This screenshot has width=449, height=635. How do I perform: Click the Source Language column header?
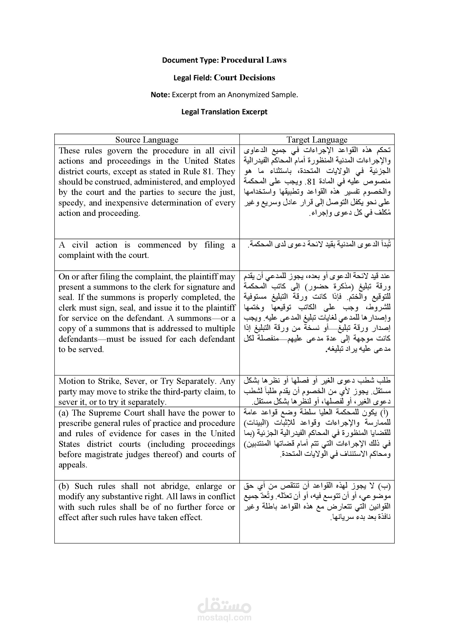(x=147, y=140)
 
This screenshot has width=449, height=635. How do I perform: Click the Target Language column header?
(x=317, y=140)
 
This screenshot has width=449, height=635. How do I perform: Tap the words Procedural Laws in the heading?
(x=254, y=60)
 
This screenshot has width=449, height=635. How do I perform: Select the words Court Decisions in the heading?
(x=244, y=78)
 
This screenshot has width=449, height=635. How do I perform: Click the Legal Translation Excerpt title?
(x=224, y=112)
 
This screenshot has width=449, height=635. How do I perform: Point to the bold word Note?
(x=160, y=95)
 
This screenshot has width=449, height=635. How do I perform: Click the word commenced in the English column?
(x=159, y=245)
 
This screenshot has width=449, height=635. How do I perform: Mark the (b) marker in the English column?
(x=64, y=486)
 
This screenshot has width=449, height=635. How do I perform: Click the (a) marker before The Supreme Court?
(x=64, y=413)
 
